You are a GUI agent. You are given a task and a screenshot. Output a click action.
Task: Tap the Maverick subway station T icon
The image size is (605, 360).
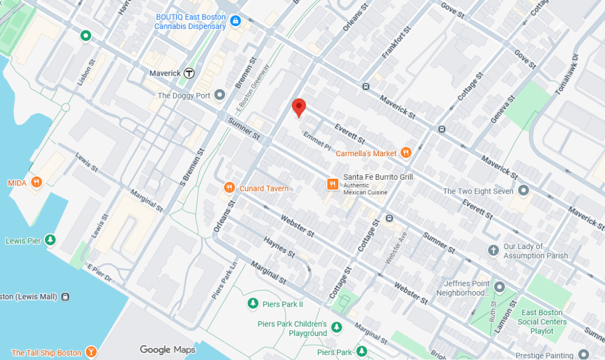click(190, 73)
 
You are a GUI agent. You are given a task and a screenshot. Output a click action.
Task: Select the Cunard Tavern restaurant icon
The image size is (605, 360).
click(229, 188)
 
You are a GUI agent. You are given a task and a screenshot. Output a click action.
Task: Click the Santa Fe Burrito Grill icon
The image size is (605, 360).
click(333, 184)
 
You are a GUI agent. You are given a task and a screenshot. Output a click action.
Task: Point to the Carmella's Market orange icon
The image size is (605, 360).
click(406, 153)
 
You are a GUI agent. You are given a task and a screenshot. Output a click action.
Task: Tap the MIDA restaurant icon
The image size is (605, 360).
click(36, 183)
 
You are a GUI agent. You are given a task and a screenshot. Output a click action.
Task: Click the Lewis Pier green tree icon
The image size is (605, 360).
click(51, 241)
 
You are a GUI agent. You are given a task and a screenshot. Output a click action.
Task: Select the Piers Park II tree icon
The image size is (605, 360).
click(253, 304)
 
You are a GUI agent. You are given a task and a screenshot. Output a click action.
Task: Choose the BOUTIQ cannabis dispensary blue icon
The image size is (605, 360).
click(235, 21)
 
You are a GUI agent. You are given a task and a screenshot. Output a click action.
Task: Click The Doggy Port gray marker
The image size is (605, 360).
click(220, 95)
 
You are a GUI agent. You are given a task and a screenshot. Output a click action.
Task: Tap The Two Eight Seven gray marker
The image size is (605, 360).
click(524, 191)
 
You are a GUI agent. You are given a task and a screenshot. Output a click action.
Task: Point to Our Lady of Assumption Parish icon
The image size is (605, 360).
click(494, 250)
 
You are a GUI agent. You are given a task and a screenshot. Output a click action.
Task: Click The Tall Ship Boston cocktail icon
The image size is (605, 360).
click(91, 352)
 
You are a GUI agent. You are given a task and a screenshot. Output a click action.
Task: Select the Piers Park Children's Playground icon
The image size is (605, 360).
click(336, 327)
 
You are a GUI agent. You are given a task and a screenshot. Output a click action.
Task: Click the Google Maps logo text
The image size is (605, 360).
click(167, 350)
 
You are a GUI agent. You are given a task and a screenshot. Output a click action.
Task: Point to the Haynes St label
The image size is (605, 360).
click(280, 246)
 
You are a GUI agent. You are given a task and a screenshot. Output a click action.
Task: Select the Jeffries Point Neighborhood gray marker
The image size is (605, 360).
click(499, 287)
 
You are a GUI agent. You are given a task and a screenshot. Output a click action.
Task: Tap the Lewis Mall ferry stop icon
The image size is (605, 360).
click(66, 296)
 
